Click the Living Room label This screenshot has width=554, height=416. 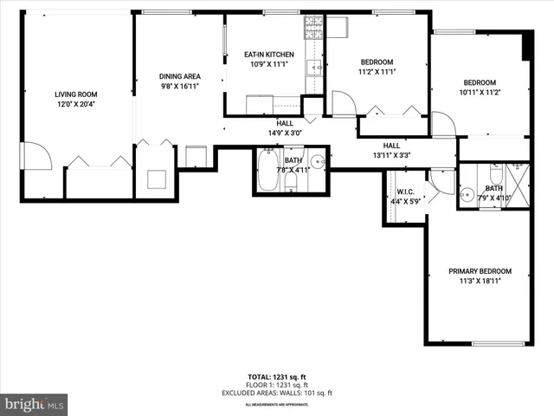pos(77,94)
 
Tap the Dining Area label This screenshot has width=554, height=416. pos(180,76)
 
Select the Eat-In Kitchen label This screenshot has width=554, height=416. pos(268,55)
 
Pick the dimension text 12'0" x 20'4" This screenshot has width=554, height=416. pos(77,105)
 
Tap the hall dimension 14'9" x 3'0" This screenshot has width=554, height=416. pos(285,133)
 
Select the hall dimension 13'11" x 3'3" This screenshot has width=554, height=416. pos(391,156)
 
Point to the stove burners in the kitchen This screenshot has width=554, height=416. pos(312,33)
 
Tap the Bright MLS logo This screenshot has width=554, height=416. pos(34,404)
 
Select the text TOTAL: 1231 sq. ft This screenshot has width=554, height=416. pos(277,376)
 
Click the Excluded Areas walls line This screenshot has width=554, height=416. pos(277,393)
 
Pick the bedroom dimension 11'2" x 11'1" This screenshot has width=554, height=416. pos(377,73)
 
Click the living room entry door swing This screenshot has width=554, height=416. pos(34,156)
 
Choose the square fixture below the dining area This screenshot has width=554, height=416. pos(158,179)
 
